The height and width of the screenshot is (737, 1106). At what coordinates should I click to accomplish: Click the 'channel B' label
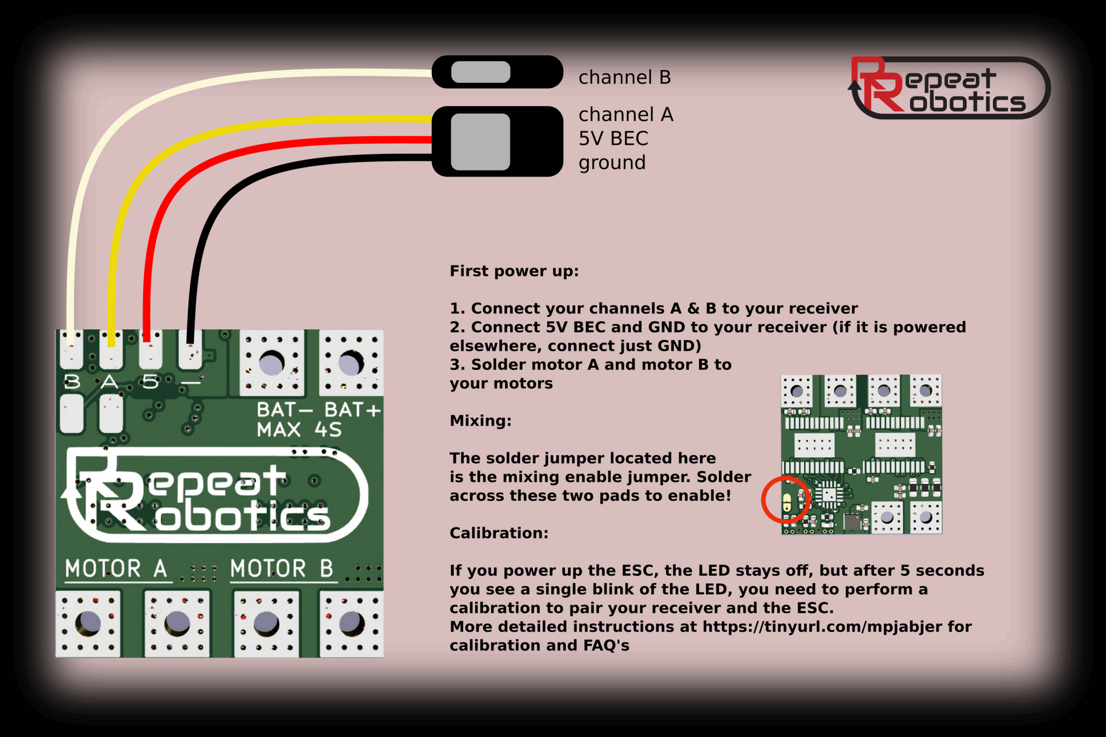[x=624, y=77]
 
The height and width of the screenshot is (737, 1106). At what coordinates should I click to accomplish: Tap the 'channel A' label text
[x=625, y=115]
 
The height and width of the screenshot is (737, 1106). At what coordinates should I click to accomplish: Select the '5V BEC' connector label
[x=613, y=139]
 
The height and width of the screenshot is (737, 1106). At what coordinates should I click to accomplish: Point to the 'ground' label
[x=612, y=163]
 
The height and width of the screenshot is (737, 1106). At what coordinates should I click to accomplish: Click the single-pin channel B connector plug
[x=497, y=72]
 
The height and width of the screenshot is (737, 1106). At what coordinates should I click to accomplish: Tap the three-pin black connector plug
[x=497, y=141]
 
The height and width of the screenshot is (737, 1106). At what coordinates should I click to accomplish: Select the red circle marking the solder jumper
[x=786, y=500]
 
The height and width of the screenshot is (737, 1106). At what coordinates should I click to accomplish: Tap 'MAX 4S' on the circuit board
[x=299, y=430]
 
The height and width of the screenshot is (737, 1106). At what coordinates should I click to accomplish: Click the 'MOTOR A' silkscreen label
[x=116, y=568]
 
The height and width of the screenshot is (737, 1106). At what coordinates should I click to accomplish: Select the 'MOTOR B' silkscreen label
[x=281, y=568]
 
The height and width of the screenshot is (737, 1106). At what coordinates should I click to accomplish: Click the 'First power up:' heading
[x=514, y=271]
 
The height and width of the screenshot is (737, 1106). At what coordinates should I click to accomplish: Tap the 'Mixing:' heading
[x=480, y=421]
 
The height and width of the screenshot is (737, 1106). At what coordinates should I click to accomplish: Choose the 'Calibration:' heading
[x=498, y=533]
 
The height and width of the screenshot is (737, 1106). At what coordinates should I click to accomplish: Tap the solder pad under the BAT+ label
[x=351, y=363]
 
